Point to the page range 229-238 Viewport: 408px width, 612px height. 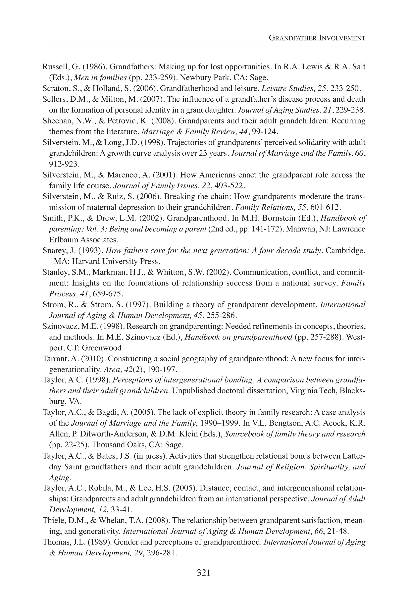(350, 110)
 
